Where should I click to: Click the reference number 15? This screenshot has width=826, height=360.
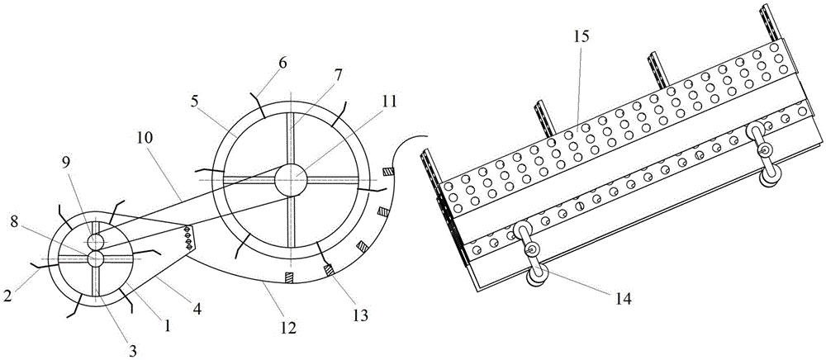click(582, 37)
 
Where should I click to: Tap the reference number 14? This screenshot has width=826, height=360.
click(623, 299)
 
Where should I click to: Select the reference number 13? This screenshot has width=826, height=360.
click(361, 315)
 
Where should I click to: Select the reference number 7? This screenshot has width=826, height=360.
click(338, 74)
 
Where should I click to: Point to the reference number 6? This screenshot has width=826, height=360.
click(282, 63)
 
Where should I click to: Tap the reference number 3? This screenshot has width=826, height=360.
click(133, 349)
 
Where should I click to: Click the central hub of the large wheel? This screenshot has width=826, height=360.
click(290, 179)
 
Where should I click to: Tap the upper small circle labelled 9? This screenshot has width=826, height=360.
click(95, 242)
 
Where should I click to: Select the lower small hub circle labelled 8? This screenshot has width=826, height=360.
click(96, 258)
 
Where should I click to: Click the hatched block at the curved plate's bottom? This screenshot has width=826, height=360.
click(288, 277)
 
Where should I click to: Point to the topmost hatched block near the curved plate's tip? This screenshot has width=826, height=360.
click(388, 172)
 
